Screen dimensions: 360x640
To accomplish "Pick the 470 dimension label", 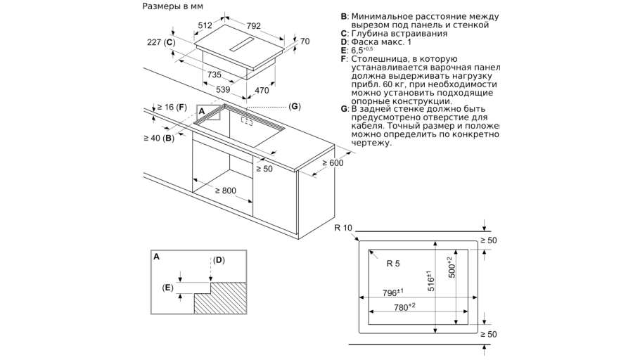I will (262, 90).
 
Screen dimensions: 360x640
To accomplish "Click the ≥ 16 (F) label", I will (171, 107).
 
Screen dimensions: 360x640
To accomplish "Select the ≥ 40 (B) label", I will (160, 138).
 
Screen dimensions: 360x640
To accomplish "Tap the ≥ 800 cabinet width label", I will (226, 191).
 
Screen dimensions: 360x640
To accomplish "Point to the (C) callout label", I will (295, 106).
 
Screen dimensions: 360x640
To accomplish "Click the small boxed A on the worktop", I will (200, 110).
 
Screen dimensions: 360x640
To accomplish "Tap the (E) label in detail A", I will (167, 287).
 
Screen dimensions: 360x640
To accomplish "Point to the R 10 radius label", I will (344, 226).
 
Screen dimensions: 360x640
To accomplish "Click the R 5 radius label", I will (392, 264).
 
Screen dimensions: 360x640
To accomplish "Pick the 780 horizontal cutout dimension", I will (405, 307).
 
